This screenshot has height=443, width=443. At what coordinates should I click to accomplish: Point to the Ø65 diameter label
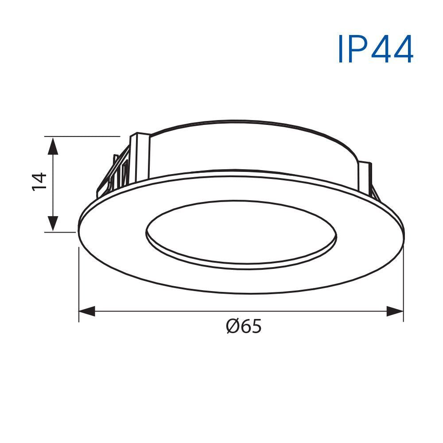244,327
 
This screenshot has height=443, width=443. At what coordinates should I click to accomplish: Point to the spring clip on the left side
111,177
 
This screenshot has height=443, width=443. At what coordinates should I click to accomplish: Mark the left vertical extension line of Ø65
79,284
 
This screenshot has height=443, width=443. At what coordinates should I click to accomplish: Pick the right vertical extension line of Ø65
403,284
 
